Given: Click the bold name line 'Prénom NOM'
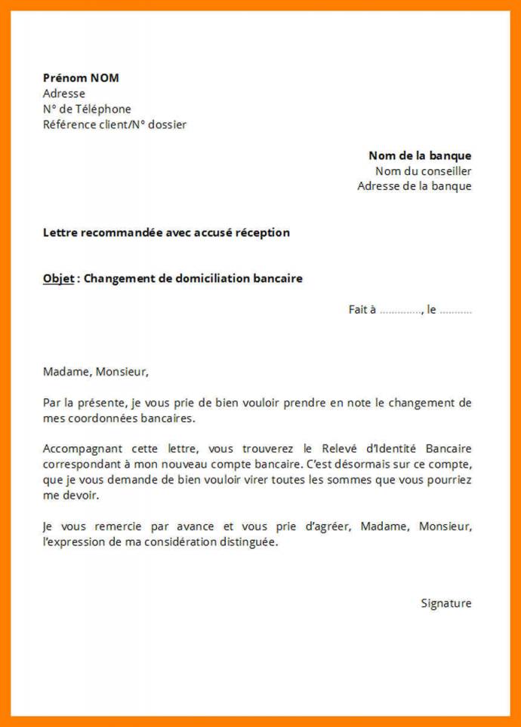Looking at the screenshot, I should click(x=81, y=78).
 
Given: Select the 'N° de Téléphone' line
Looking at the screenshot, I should click(x=87, y=109).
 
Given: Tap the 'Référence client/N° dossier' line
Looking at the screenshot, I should click(x=115, y=125).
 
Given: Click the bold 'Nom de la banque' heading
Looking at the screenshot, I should click(x=420, y=155).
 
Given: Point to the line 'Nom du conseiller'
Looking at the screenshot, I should click(x=423, y=171).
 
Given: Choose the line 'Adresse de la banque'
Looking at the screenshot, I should click(x=415, y=186).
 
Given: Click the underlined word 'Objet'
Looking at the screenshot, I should click(x=59, y=278).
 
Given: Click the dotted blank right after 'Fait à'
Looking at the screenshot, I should click(x=400, y=310).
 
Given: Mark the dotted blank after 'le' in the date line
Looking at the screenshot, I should click(x=455, y=310).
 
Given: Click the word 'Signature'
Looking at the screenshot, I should click(x=446, y=603).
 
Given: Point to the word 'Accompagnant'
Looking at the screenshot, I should click(x=79, y=448).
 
